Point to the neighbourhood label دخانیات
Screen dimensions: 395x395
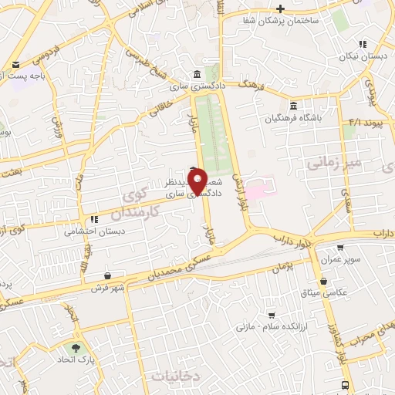(x=177, y=376)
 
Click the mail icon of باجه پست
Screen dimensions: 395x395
(x=14, y=65)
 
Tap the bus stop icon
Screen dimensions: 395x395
(x=345, y=385)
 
